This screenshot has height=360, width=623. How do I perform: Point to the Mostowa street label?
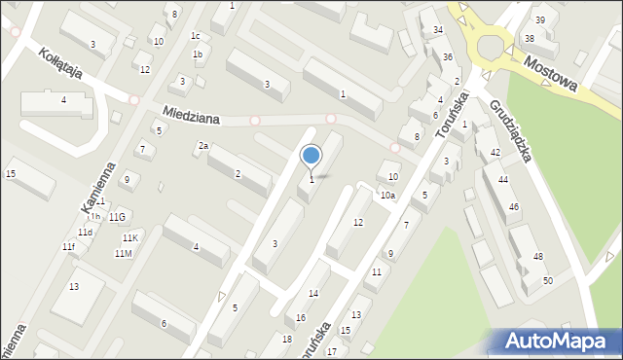click(x=550, y=73)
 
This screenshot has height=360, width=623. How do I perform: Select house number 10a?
click(x=387, y=196)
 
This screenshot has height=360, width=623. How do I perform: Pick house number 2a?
click(x=203, y=146)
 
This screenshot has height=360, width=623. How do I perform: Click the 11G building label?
click(x=118, y=216)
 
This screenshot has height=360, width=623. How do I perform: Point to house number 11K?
click(x=130, y=238)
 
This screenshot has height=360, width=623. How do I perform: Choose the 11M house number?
click(x=123, y=254)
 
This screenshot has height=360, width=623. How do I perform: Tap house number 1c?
click(x=196, y=36)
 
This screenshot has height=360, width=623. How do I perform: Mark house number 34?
click(x=438, y=30)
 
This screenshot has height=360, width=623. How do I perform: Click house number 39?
click(x=540, y=20)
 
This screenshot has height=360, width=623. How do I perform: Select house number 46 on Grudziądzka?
click(x=514, y=207)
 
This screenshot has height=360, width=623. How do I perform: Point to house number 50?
click(x=548, y=280)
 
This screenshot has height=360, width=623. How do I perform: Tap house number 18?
click(x=286, y=339)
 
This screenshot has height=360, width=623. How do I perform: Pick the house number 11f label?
click(x=68, y=247)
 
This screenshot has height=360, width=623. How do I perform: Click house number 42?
click(x=495, y=153)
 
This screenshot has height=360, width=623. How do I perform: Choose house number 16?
click(x=301, y=318)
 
